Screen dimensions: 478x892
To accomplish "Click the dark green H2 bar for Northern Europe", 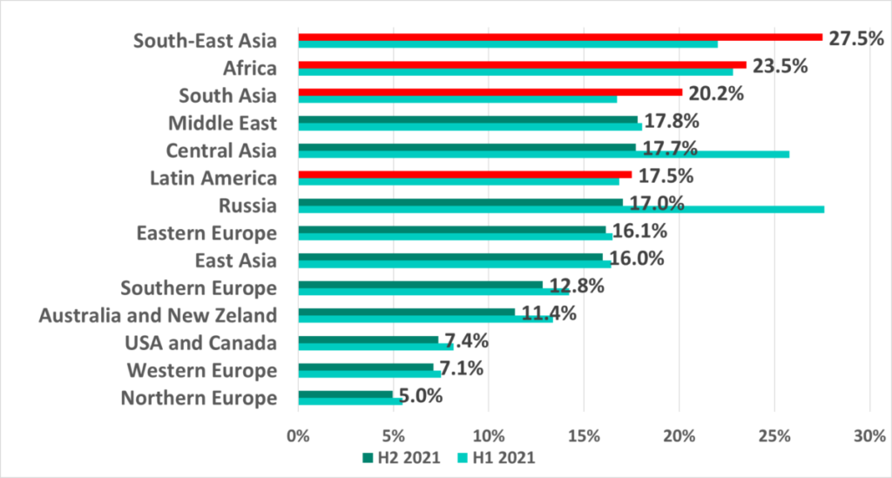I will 345,394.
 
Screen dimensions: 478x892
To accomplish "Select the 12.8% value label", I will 577,286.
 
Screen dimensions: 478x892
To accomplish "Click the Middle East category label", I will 222,123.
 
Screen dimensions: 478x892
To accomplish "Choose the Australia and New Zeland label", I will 158,315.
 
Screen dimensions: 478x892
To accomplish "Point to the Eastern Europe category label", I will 206,232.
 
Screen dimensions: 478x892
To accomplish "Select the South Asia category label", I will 227,96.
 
